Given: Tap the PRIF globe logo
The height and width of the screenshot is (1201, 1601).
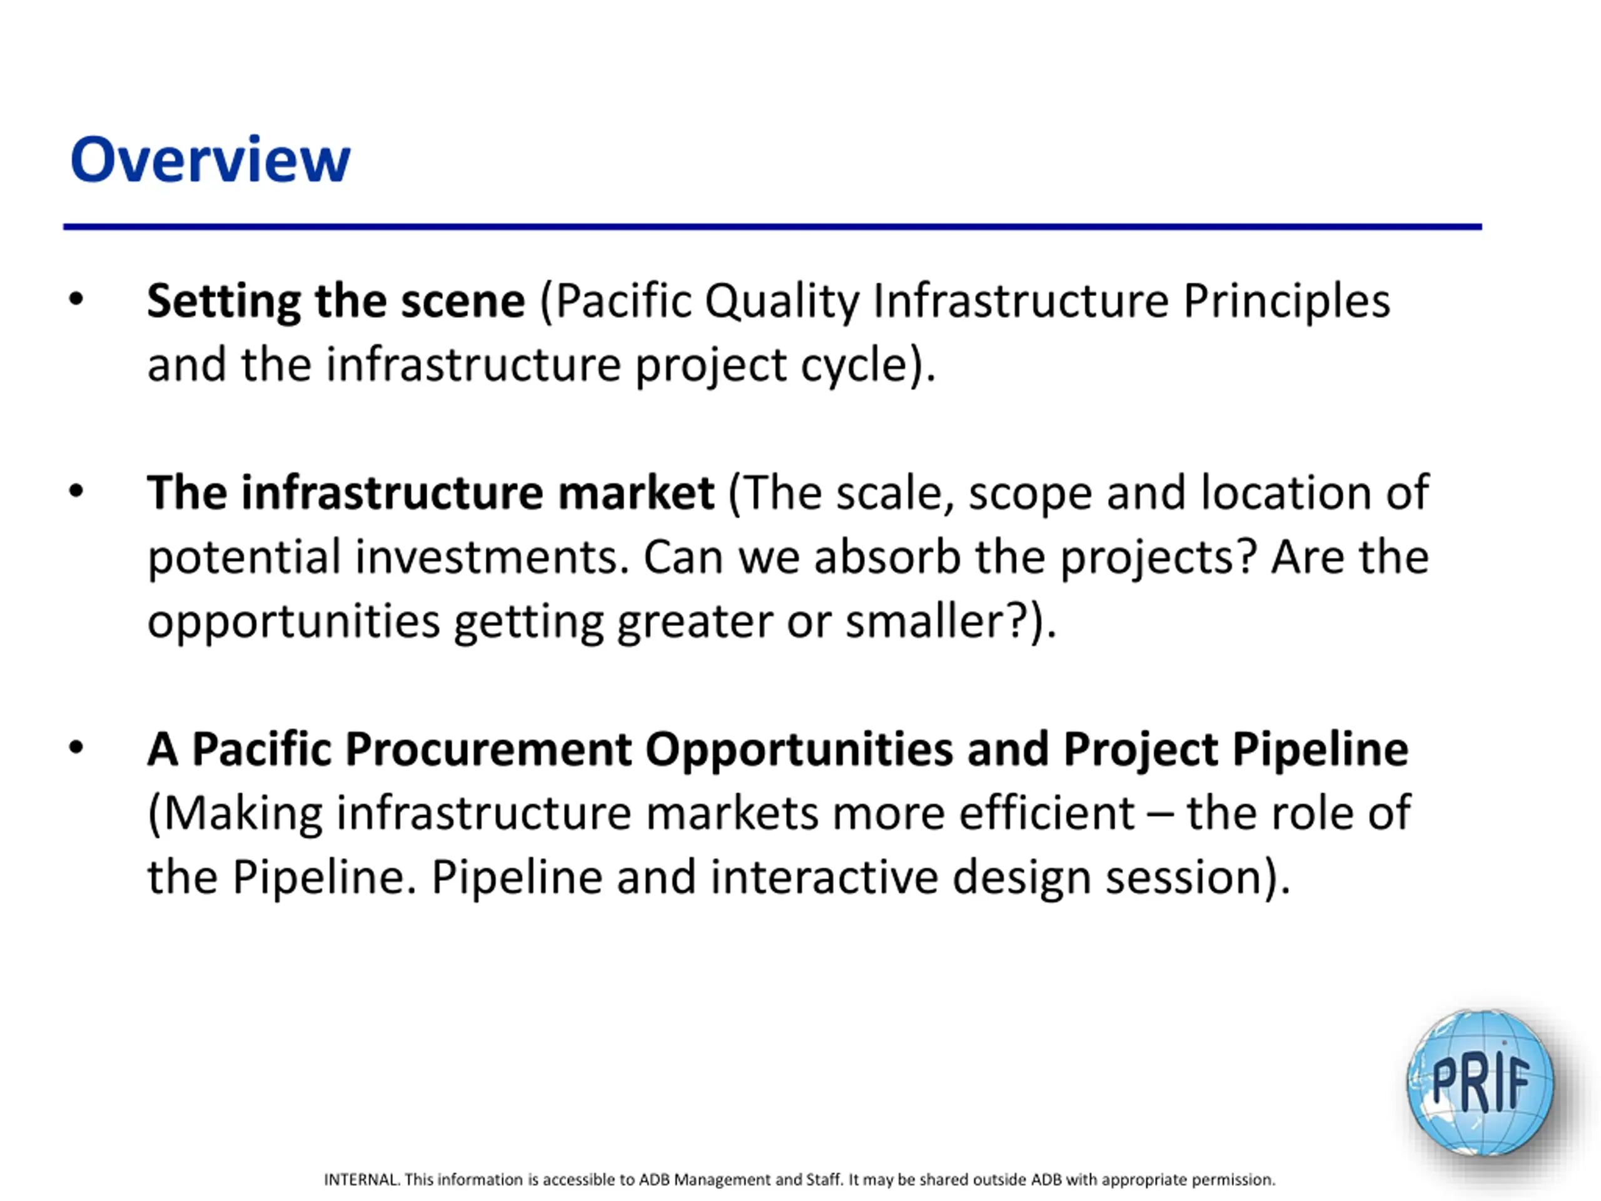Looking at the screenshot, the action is click(x=1480, y=1082).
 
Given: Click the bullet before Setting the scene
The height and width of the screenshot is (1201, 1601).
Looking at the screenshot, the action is click(x=77, y=300).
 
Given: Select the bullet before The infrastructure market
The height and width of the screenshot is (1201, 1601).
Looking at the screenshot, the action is click(x=77, y=492).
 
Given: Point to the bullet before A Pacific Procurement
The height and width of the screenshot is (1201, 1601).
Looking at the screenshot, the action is click(x=77, y=748).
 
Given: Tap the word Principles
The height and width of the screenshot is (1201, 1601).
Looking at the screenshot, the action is click(x=1286, y=303).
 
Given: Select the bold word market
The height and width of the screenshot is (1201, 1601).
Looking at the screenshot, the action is click(x=636, y=492).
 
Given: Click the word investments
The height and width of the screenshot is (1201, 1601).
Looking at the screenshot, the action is click(x=492, y=557).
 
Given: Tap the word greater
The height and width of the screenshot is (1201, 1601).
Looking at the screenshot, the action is click(x=694, y=623).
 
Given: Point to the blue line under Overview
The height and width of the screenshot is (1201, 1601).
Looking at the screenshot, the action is click(x=772, y=226).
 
